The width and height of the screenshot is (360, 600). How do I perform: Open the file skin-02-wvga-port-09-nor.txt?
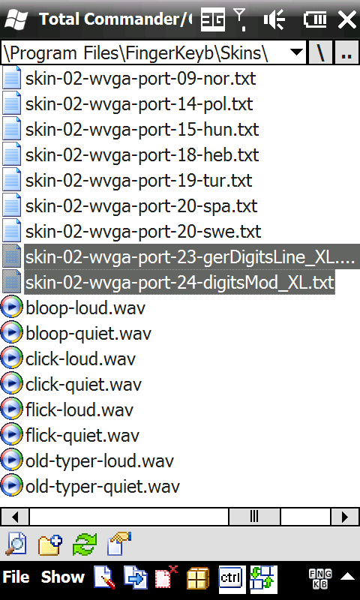click(x=140, y=79)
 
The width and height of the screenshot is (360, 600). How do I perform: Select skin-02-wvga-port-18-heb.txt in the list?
click(x=142, y=155)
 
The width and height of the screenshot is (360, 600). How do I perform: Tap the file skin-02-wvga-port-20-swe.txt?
click(x=143, y=232)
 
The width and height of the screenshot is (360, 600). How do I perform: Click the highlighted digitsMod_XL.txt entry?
click(x=179, y=283)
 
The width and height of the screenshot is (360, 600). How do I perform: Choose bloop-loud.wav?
click(x=85, y=308)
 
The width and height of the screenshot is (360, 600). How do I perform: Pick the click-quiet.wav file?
click(x=83, y=385)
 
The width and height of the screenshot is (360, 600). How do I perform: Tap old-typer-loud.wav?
click(x=100, y=461)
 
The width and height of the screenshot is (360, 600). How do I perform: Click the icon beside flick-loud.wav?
click(x=11, y=409)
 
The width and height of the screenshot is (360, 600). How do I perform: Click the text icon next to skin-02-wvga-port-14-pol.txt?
click(x=11, y=104)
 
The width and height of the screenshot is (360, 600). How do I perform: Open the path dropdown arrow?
click(x=296, y=52)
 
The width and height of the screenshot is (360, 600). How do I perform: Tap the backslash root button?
click(x=320, y=52)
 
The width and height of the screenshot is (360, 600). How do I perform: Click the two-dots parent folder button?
click(x=346, y=52)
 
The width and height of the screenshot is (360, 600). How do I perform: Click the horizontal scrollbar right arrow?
click(x=344, y=517)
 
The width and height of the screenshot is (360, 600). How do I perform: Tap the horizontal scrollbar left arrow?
click(x=15, y=517)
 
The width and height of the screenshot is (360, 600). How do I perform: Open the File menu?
click(x=16, y=577)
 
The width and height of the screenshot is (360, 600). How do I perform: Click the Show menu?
click(x=63, y=577)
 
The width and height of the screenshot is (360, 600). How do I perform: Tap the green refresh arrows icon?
click(x=85, y=544)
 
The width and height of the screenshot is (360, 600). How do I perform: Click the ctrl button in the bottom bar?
click(x=232, y=577)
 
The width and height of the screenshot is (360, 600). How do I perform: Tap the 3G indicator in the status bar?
click(x=213, y=19)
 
